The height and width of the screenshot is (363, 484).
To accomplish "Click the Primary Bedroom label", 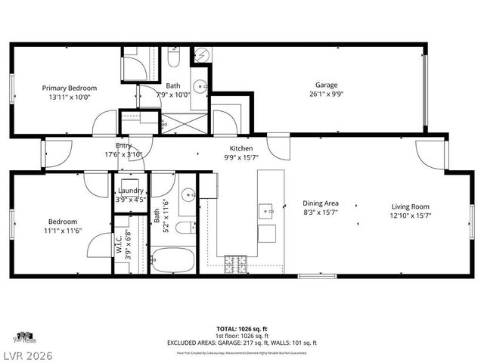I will click(69, 88).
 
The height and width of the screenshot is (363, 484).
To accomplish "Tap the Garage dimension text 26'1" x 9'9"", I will click(326, 95).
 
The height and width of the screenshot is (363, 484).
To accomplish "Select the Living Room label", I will click(411, 206).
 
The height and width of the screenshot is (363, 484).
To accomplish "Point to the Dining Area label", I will click(321, 203).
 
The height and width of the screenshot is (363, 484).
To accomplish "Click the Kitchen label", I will click(241, 148).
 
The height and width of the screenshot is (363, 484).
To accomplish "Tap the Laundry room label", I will click(131, 191).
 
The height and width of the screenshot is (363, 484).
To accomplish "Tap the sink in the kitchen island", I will click(265, 209).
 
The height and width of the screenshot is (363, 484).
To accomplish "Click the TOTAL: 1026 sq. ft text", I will click(241, 329).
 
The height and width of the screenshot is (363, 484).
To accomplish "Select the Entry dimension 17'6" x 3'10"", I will click(123, 154).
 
